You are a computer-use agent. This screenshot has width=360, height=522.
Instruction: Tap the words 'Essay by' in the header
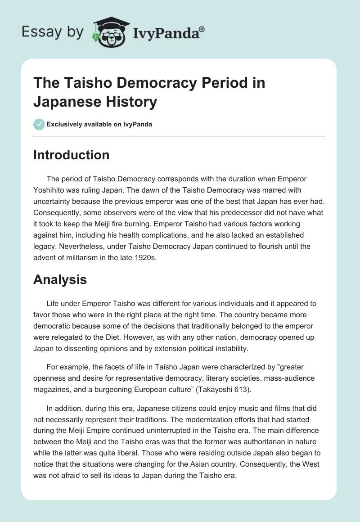pos(53,32)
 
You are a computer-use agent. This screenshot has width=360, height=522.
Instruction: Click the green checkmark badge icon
pos(40,124)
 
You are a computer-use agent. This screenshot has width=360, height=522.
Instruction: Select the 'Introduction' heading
pos(71,155)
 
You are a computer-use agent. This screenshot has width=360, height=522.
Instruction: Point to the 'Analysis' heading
pos(60,279)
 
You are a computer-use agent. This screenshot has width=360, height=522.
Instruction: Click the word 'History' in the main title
pos(134,102)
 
